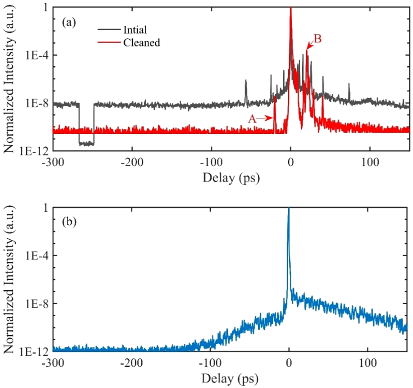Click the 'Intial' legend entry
pos(134,30)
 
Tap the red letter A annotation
pos(253,120)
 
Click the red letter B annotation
pos(317,40)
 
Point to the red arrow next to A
pos(265,119)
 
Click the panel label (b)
pos(70,222)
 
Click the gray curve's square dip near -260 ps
pos(87,144)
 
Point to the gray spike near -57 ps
pos(246,88)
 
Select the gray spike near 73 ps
pos(349,89)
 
